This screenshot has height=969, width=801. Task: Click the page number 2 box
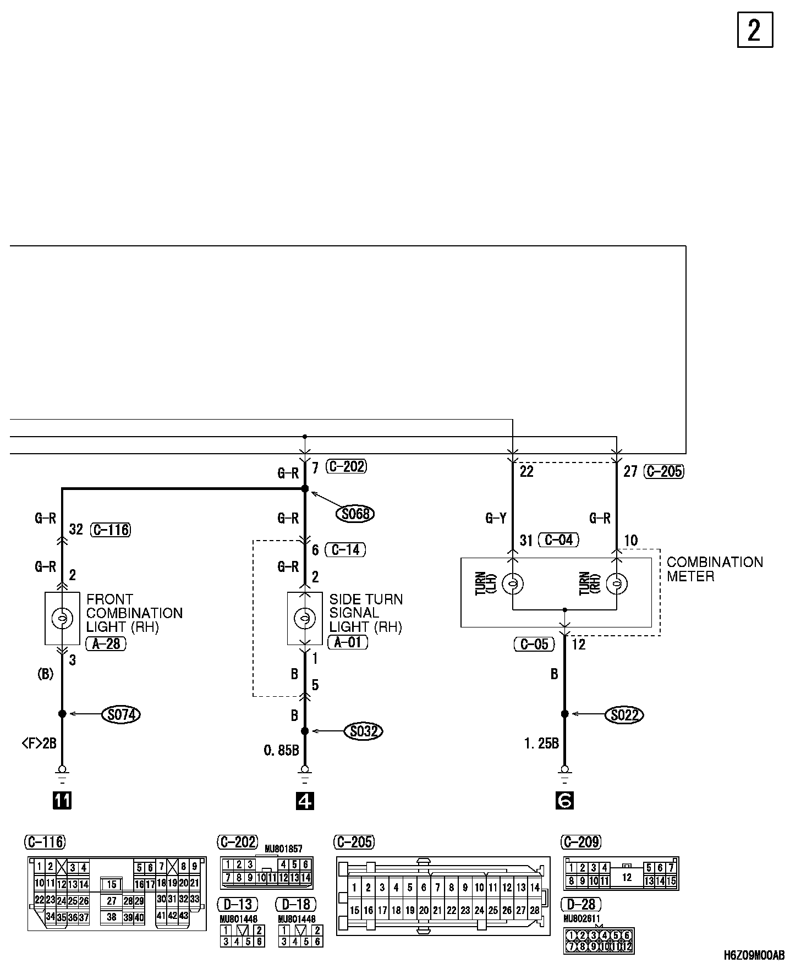[x=755, y=30]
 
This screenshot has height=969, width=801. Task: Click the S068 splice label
[x=355, y=514]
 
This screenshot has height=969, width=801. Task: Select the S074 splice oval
[x=121, y=714]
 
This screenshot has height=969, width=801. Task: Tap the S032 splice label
[x=363, y=731]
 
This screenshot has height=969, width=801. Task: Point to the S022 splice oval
[x=624, y=714]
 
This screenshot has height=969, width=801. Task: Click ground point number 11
[x=62, y=800]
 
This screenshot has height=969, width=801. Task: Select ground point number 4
[x=305, y=800]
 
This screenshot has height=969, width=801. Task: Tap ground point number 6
[x=564, y=800]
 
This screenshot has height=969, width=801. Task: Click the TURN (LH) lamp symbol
[x=513, y=583]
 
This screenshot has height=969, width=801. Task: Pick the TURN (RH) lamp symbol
[x=617, y=583]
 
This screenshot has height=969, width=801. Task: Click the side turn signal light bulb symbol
[x=305, y=619]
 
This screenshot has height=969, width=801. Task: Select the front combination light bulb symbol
[x=62, y=619]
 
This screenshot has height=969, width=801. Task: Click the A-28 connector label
[x=106, y=643]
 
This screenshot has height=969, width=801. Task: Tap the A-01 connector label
[x=348, y=642]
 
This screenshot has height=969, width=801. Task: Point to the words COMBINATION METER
[x=715, y=569]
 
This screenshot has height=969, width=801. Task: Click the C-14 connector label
[x=345, y=549]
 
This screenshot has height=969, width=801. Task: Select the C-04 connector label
[x=558, y=540]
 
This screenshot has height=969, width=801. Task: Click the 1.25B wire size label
[x=541, y=744]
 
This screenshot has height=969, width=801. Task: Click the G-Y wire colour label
[x=496, y=518]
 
